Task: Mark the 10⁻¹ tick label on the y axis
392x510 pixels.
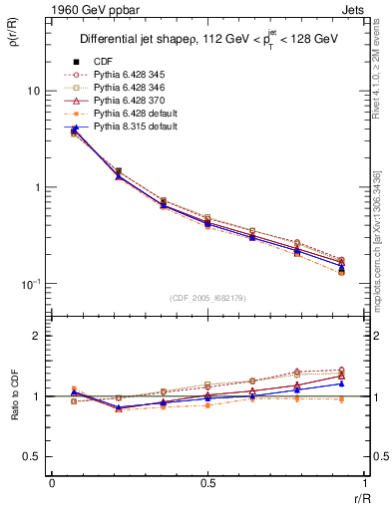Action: click(x=30, y=284)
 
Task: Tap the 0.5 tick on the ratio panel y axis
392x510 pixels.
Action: click(x=31, y=456)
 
